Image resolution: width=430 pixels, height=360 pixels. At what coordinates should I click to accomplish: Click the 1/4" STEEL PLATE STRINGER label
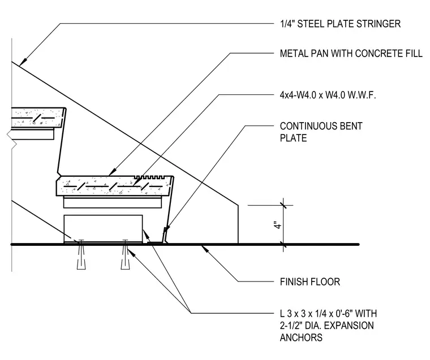point(340,24)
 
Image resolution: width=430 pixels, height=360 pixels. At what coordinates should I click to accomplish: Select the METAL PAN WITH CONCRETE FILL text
point(351,53)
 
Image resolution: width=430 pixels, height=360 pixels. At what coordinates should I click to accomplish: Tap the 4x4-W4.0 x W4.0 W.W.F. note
point(328,95)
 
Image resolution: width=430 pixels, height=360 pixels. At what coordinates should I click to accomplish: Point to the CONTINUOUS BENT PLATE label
point(321,132)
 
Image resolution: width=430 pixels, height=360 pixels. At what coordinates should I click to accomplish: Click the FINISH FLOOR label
point(310,281)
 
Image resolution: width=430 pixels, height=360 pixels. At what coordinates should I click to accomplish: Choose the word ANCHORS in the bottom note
point(301,337)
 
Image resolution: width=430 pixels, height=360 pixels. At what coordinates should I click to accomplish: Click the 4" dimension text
point(278,225)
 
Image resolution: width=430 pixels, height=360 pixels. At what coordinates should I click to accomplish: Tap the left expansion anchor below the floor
point(81,255)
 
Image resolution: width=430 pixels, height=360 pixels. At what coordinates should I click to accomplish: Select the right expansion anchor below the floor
point(126,255)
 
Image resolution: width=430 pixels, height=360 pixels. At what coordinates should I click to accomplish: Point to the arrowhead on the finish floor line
point(204,248)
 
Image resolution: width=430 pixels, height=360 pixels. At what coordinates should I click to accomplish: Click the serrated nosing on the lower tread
point(149,177)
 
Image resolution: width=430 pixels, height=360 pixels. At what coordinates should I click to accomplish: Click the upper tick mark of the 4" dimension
point(283,205)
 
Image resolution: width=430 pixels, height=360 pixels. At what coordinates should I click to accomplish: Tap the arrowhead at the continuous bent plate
point(167,229)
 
